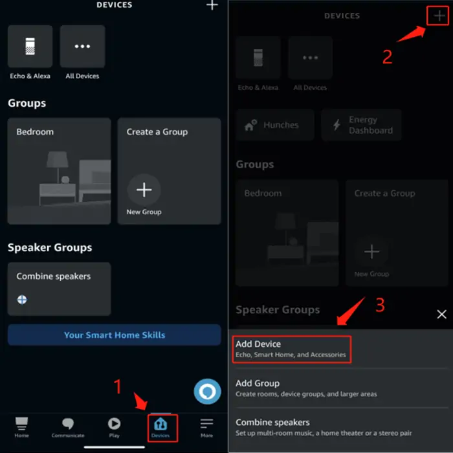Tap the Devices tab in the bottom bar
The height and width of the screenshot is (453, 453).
click(160, 428)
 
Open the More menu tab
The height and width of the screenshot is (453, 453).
click(207, 428)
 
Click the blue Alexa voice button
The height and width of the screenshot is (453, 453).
click(208, 392)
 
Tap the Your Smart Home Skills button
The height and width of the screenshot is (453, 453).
click(115, 335)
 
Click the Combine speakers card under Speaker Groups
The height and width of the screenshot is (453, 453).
click(60, 289)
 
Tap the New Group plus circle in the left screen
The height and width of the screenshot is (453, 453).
click(144, 190)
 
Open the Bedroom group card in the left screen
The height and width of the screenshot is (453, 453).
click(60, 171)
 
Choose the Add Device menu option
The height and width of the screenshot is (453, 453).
click(292, 349)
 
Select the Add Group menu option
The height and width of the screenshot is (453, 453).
click(306, 388)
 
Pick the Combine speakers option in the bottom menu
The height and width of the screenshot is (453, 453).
click(324, 427)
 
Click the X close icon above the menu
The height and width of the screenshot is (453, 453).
click(442, 314)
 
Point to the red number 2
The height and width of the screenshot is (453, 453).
click(388, 57)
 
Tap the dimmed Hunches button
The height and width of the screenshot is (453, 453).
click(275, 125)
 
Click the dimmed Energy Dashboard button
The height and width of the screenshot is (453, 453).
click(361, 125)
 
